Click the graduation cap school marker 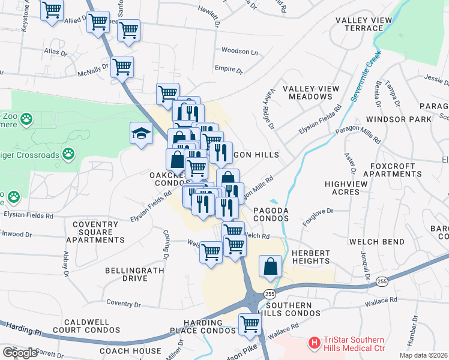pos(141,133)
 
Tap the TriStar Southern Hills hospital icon pos(313,343)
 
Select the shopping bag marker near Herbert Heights pos(271,266)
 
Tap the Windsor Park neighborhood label pos(398,119)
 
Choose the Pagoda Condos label pos(271,214)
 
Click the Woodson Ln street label pos(239,51)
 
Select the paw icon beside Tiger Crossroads pos(69,154)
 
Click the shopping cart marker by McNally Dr pos(122,67)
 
